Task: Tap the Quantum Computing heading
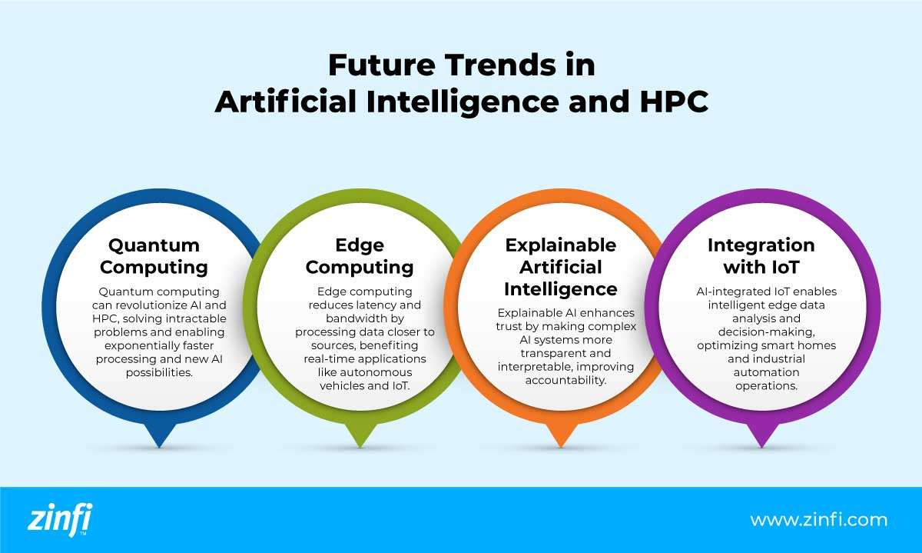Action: [x=154, y=256]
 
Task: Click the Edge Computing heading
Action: [x=359, y=256]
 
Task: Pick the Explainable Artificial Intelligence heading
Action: [x=560, y=267]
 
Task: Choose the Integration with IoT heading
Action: [x=761, y=256]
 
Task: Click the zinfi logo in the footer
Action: [x=59, y=520]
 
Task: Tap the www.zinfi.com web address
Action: [x=818, y=520]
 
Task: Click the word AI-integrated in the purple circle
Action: [x=728, y=291]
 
